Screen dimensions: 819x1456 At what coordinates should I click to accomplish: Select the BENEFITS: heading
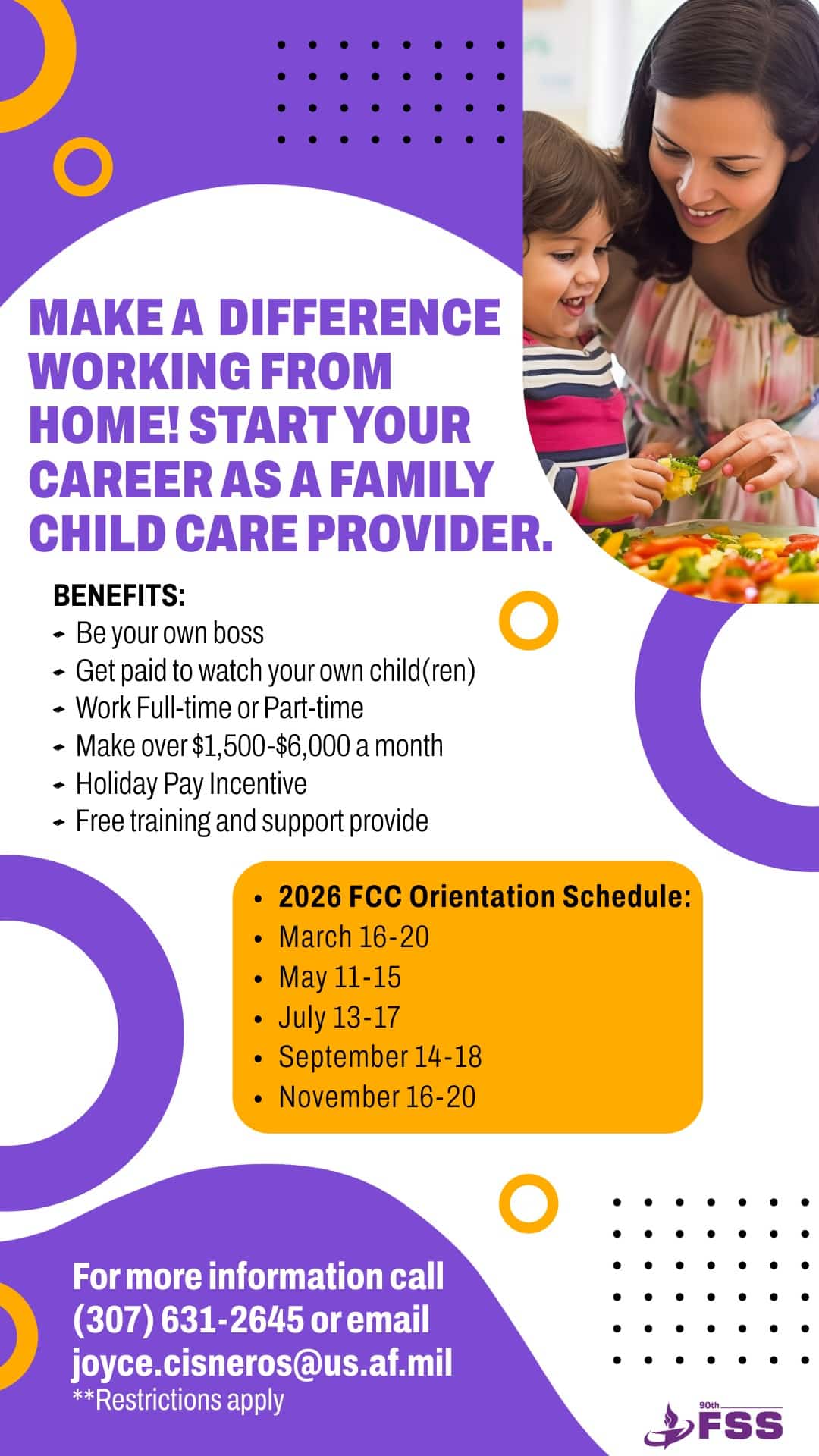(x=119, y=595)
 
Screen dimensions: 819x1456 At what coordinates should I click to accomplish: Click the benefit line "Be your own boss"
(x=170, y=633)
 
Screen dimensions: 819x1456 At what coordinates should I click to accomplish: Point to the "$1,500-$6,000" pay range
(x=271, y=746)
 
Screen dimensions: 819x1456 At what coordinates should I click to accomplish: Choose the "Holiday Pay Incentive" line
(x=191, y=784)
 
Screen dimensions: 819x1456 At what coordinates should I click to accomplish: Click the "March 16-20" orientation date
(x=353, y=937)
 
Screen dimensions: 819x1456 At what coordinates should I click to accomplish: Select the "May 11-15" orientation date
(x=340, y=977)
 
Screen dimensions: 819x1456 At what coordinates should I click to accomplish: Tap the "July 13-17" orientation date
(x=339, y=1018)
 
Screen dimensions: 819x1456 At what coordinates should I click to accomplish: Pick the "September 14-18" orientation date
(x=380, y=1057)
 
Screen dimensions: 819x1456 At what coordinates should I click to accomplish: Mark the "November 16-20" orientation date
(x=377, y=1097)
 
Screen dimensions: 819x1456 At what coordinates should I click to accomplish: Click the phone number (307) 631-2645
(x=187, y=1320)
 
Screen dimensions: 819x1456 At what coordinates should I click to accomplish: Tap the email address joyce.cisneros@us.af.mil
(x=262, y=1363)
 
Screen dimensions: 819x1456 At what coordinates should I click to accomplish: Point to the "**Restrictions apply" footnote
(x=178, y=1400)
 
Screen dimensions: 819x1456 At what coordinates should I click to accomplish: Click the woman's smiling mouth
(x=704, y=215)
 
